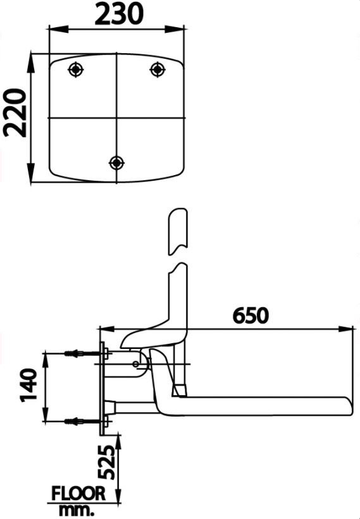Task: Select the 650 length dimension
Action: pos(251,315)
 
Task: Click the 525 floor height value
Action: pos(108,463)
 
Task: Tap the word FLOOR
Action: pos(78,494)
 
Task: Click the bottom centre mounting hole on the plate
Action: pos(116,162)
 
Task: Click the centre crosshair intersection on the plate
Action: pos(116,118)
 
